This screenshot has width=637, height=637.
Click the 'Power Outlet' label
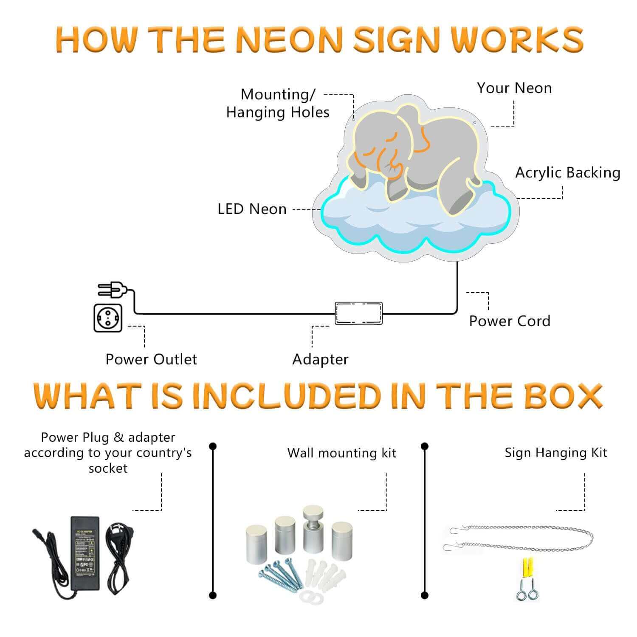click(x=151, y=359)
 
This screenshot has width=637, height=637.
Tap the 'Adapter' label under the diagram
click(x=320, y=359)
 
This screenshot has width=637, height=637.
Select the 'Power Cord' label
click(x=510, y=321)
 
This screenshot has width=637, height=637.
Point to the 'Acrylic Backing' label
click(x=568, y=172)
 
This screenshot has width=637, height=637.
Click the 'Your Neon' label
click(x=514, y=88)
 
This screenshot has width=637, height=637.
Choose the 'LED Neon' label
click(x=252, y=209)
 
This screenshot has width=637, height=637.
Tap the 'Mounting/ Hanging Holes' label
click(x=278, y=103)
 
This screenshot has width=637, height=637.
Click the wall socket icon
click(x=108, y=318)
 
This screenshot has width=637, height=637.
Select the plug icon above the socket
click(x=111, y=290)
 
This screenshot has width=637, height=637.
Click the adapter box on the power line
click(x=359, y=313)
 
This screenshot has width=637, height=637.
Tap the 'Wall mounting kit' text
click(x=341, y=453)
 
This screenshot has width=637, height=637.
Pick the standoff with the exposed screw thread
click(x=313, y=531)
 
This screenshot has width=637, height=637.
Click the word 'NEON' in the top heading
click(x=289, y=39)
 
